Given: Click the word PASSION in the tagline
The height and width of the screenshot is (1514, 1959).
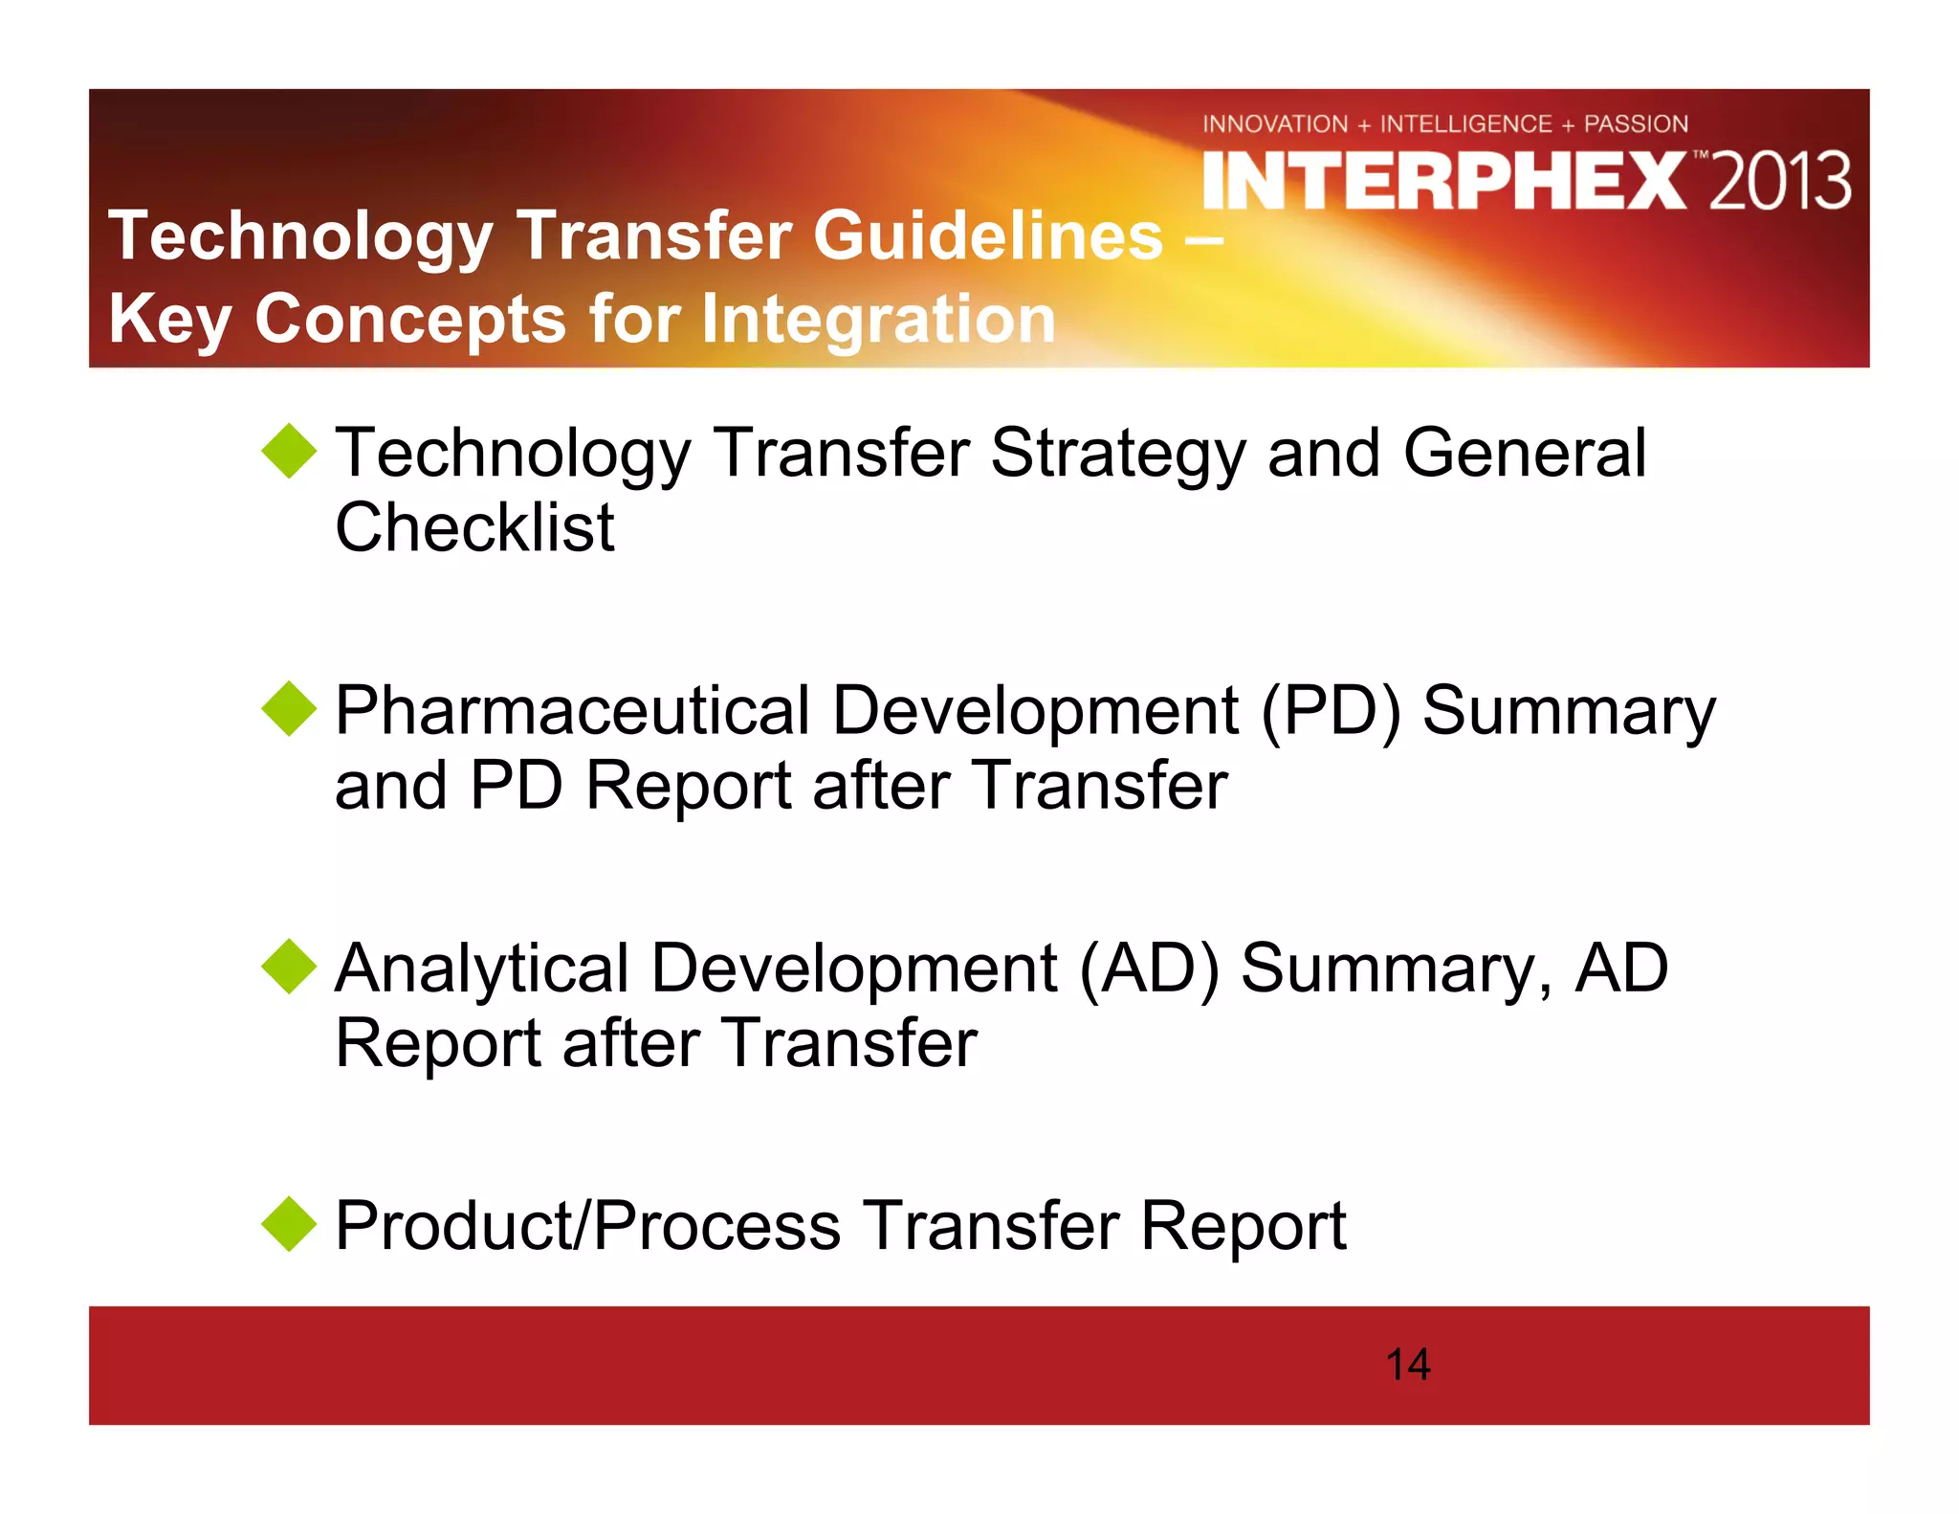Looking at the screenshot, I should [x=1636, y=124].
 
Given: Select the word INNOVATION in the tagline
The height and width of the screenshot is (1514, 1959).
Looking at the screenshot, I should [x=1274, y=124].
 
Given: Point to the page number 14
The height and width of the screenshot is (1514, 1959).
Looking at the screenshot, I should [x=1407, y=1365].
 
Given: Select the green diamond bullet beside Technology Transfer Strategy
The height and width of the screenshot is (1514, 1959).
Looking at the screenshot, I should [x=289, y=452].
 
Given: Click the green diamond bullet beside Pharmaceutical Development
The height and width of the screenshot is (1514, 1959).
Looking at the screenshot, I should [x=289, y=709].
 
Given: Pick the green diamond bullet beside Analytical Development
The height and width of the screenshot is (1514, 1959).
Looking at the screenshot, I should [x=289, y=967].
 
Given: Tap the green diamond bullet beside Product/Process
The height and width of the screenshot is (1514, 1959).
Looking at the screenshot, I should [x=289, y=1224].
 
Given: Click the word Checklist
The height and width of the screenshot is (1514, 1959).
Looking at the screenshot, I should [x=474, y=527].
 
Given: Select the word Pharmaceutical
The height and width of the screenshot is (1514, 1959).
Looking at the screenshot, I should [x=572, y=711].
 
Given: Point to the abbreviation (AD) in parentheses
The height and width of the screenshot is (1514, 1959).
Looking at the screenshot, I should [x=1149, y=969].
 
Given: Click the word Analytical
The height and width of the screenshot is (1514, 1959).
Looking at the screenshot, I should [x=481, y=969].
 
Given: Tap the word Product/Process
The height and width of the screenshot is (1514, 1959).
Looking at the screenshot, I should [x=588, y=1226].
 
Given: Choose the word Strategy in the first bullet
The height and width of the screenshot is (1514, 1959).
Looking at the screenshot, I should [x=1117, y=454].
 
